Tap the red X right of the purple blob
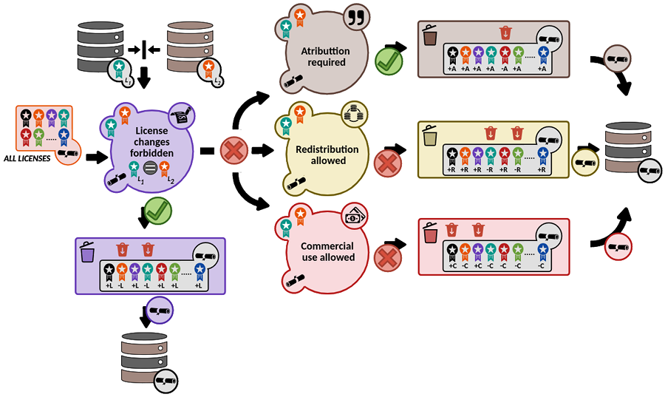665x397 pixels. pyautogui.click(x=233, y=152)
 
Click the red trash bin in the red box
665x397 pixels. pyautogui.click(x=429, y=233)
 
